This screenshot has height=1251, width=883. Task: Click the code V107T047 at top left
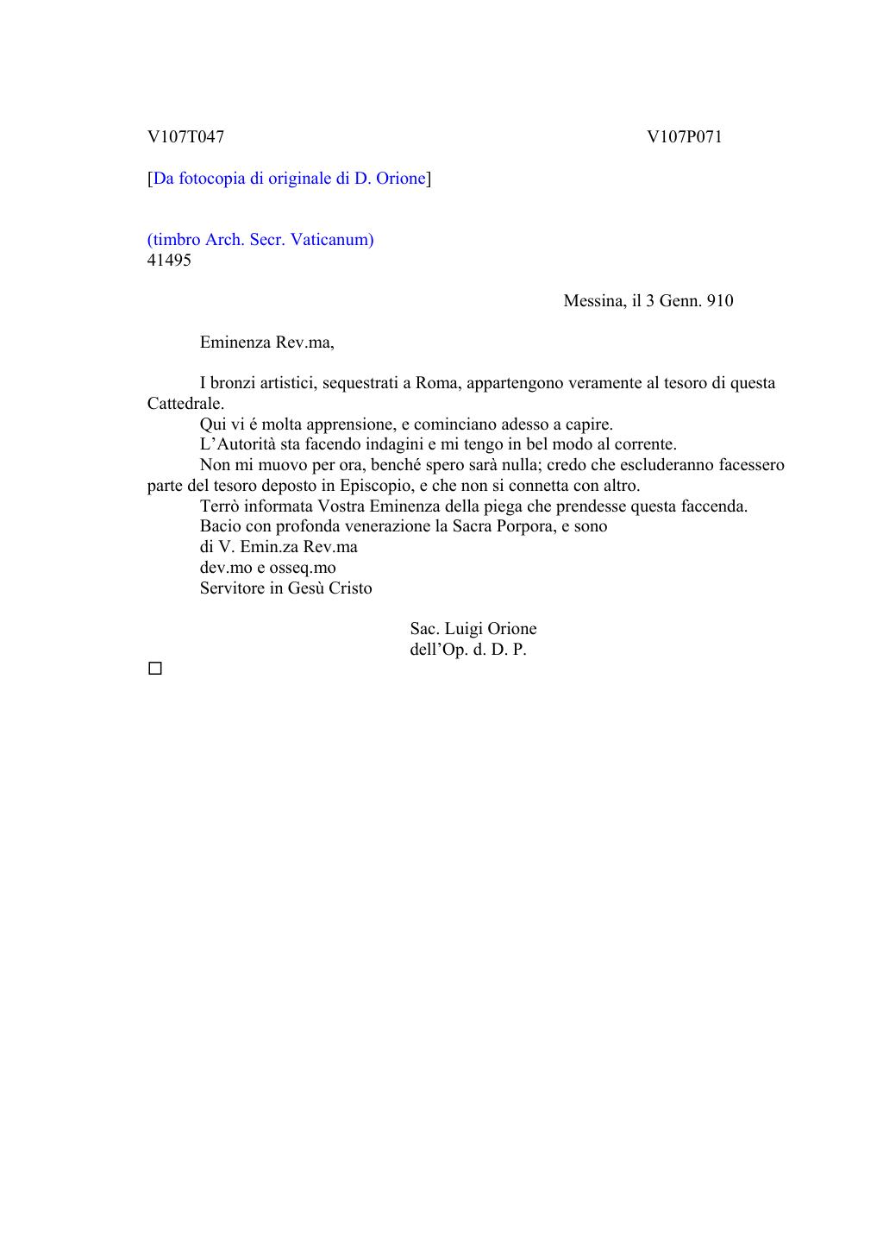(185, 136)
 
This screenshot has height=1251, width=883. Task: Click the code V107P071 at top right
(685, 136)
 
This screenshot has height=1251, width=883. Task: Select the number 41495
(169, 260)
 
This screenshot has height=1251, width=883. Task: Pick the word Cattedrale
(185, 403)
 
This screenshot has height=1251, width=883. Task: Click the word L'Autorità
(238, 444)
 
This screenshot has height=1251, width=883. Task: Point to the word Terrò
(221, 506)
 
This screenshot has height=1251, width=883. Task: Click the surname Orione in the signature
(512, 628)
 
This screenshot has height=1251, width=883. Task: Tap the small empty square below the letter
(155, 669)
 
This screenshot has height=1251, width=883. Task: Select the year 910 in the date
(719, 300)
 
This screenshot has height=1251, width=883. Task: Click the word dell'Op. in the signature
(439, 649)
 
